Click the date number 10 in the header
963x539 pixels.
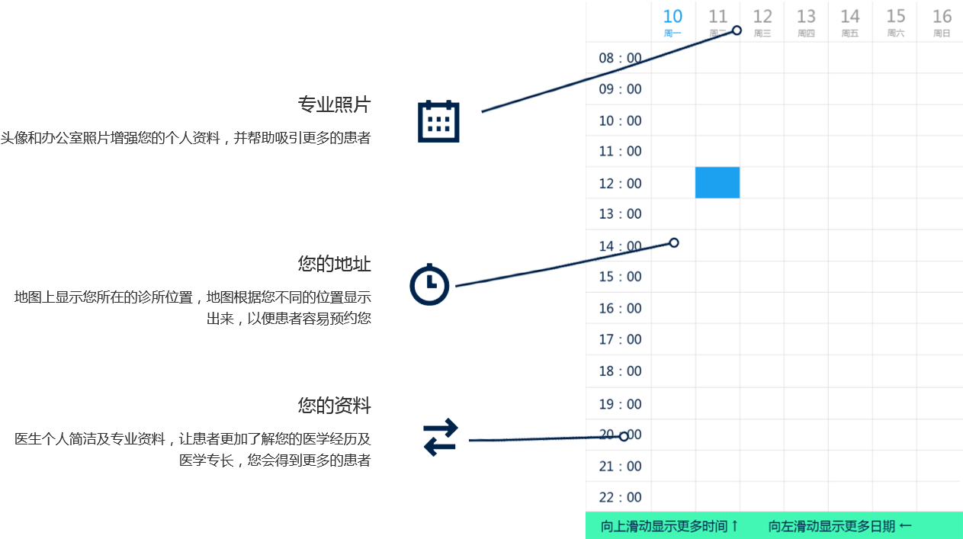(672, 16)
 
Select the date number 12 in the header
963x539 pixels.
(762, 16)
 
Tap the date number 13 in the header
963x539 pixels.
(806, 16)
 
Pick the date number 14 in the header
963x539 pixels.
(850, 16)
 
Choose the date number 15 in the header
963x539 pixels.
(896, 16)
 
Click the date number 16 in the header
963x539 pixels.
(942, 16)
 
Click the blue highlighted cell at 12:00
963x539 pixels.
(717, 182)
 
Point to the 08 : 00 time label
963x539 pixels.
(620, 58)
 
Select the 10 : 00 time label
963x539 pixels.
(620, 120)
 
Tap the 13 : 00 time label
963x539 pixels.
(620, 213)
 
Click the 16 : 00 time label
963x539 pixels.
(620, 308)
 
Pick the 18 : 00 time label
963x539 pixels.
(620, 371)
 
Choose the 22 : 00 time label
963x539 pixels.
(620, 497)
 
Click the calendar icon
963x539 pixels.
(438, 121)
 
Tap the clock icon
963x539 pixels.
(430, 284)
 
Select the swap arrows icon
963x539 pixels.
(441, 438)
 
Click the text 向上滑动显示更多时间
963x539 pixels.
(669, 526)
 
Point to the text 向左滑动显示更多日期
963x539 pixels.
(839, 526)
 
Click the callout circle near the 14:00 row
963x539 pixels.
(674, 242)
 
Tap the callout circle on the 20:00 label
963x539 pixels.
(624, 437)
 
